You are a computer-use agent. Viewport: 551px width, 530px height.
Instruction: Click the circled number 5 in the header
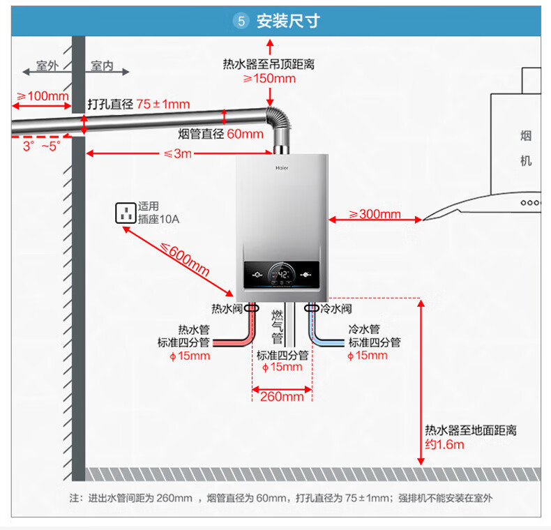pyautogui.click(x=241, y=21)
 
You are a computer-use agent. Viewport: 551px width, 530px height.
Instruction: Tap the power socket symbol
pyautogui.click(x=126, y=213)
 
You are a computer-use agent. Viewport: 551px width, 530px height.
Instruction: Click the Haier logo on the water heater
pyautogui.click(x=281, y=167)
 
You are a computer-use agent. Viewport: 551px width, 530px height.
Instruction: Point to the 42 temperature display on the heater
pyautogui.click(x=281, y=274)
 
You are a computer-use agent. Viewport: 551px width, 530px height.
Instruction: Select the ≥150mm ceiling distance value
pyautogui.click(x=269, y=79)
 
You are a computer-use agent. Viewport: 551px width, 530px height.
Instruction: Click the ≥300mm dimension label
pyautogui.click(x=375, y=214)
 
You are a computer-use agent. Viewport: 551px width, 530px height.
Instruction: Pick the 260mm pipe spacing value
pyautogui.click(x=282, y=397)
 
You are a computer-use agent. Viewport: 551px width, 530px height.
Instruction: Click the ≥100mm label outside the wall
pyautogui.click(x=43, y=96)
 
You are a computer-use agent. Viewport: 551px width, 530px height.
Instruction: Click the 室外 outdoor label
pyautogui.click(x=47, y=66)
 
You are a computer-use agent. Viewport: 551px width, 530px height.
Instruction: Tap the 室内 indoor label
pyautogui.click(x=102, y=66)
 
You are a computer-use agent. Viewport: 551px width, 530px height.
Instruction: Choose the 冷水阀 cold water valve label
pyautogui.click(x=336, y=308)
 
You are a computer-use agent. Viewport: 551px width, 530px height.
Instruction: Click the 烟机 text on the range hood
pyautogui.click(x=526, y=148)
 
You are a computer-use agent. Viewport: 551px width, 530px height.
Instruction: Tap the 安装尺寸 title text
pyautogui.click(x=288, y=21)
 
